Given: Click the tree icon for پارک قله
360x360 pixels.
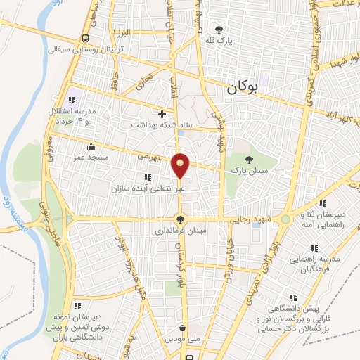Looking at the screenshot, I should pyautogui.click(x=219, y=30).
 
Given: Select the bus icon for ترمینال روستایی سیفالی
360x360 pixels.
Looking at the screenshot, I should pyautogui.click(x=85, y=38).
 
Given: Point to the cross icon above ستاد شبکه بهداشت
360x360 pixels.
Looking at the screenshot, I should pyautogui.click(x=162, y=114).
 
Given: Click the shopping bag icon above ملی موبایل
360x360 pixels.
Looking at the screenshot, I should pyautogui.click(x=182, y=328).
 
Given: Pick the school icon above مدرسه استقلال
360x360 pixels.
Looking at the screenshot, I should pyautogui.click(x=72, y=99).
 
